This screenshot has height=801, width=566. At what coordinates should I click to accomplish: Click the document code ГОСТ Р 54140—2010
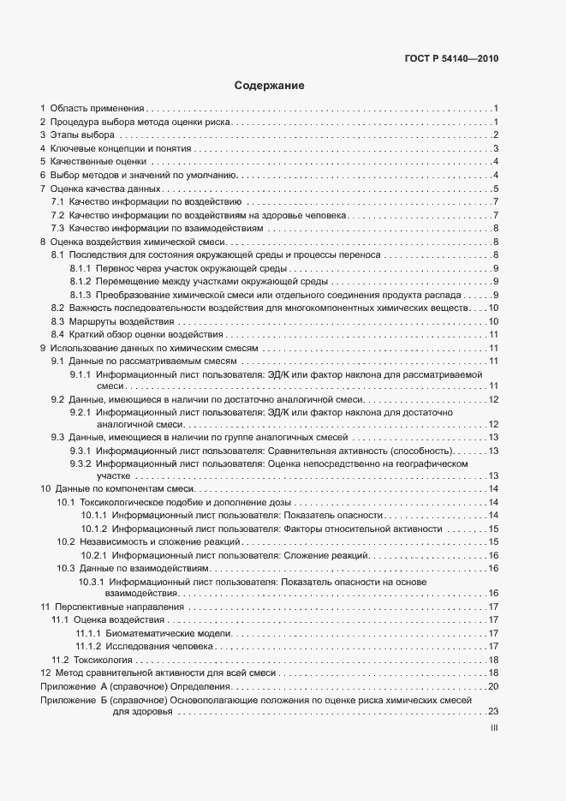pyautogui.click(x=451, y=60)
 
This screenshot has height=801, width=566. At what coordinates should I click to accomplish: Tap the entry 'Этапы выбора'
pyautogui.click(x=81, y=135)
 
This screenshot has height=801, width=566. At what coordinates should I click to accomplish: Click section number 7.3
pyautogui.click(x=57, y=229)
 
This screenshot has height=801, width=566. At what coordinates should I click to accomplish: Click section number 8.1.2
pyautogui.click(x=80, y=282)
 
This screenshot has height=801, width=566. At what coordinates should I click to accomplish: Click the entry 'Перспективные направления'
pyautogui.click(x=111, y=607)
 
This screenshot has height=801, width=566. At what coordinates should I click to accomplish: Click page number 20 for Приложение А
pyautogui.click(x=492, y=687)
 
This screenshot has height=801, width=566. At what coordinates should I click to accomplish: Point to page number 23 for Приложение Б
pyautogui.click(x=492, y=713)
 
